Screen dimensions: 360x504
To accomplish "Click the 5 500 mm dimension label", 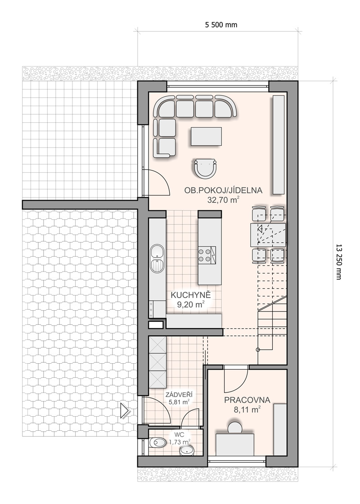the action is pos(221,25).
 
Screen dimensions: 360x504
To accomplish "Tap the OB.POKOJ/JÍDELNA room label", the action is pos(223,190).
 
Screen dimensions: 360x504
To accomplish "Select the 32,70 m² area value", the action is pos(223,200).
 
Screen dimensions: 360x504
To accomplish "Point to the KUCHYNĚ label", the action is pos(191,295).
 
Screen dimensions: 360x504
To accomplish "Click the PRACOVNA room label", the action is pos(247,400).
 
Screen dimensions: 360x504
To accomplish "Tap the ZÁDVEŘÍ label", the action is pos(179,394).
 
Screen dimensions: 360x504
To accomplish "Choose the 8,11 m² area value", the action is pos(247,410).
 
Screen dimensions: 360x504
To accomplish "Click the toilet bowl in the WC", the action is pos(157,443).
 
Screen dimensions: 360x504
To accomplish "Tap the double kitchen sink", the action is pos(157,259).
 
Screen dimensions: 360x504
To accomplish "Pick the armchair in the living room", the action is pos(205,168).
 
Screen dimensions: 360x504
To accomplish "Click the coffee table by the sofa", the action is pos(206,136).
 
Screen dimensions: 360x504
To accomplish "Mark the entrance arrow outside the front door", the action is pos(125,410).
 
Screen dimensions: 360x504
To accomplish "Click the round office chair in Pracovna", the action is pos(235,427).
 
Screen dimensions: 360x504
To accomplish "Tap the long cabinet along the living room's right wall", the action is pos(279,144).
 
